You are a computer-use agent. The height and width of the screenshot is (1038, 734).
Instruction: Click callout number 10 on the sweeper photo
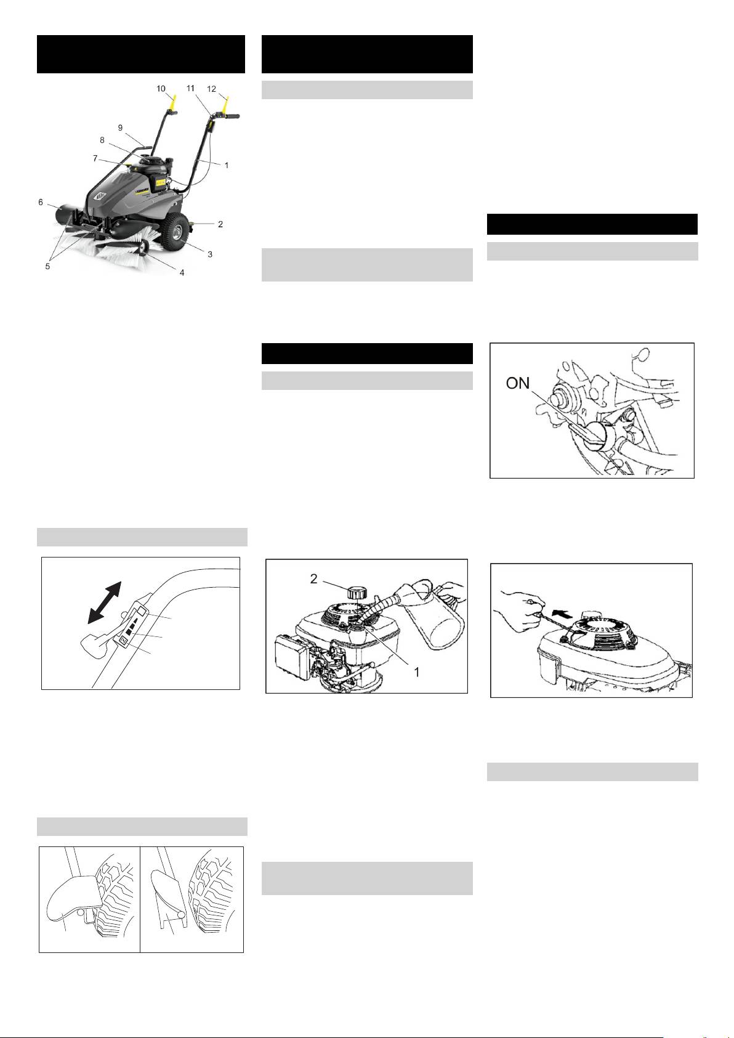(x=161, y=89)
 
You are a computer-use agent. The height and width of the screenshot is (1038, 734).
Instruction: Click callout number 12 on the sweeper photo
(x=212, y=89)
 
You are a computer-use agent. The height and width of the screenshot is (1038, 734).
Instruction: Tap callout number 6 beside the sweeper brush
(x=41, y=202)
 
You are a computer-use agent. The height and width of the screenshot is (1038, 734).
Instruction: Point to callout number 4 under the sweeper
(x=182, y=273)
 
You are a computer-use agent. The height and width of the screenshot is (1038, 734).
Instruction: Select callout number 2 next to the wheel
(x=220, y=224)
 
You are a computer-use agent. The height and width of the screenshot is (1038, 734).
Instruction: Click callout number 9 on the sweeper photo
(x=121, y=128)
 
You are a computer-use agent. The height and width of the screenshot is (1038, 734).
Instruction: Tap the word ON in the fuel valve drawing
(x=518, y=383)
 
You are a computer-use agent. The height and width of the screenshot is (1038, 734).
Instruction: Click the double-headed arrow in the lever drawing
(x=104, y=602)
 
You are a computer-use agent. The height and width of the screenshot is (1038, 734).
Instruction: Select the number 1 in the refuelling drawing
(x=416, y=672)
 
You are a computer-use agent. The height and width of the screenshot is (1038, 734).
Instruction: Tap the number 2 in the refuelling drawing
(x=313, y=579)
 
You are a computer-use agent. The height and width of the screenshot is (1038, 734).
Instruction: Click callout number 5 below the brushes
(x=47, y=267)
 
